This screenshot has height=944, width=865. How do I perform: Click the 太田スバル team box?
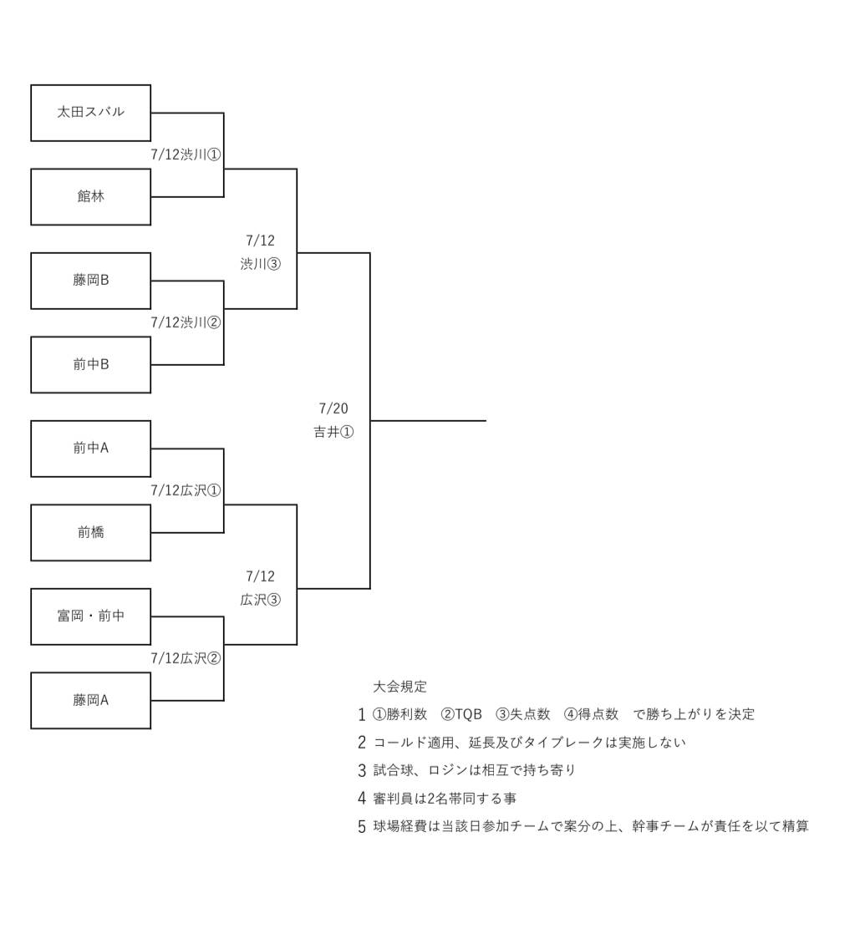point(90,113)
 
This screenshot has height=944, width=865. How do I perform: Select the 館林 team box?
point(90,197)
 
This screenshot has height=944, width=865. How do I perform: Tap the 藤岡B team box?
point(90,281)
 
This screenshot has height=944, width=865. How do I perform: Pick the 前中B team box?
point(90,364)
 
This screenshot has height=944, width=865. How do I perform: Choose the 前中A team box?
point(90,449)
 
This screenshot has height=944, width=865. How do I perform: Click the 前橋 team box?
point(90,532)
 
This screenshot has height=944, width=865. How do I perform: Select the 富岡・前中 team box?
point(90,617)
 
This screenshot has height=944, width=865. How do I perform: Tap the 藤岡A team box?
point(90,700)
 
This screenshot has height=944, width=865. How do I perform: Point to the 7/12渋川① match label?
point(186,155)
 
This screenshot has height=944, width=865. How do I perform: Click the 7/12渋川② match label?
point(186,322)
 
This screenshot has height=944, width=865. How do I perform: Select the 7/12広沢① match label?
point(186,490)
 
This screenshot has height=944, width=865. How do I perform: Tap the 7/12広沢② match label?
point(186,658)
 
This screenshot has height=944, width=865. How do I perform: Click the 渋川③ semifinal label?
point(261,264)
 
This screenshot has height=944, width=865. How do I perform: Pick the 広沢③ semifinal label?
point(261,600)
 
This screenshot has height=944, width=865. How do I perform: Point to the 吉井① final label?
point(333,432)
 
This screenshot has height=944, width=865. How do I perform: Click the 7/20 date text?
point(333,409)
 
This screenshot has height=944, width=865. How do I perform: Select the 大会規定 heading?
point(399,687)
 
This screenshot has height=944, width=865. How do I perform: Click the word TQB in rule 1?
point(468,714)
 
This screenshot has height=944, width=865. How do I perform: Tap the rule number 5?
point(362,827)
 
